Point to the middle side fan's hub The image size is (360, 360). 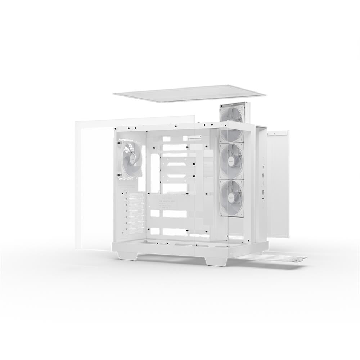point(231,161)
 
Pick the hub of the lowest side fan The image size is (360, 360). point(231,198)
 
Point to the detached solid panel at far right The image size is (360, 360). point(278,184)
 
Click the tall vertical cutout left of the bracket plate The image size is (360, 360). point(155,173)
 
